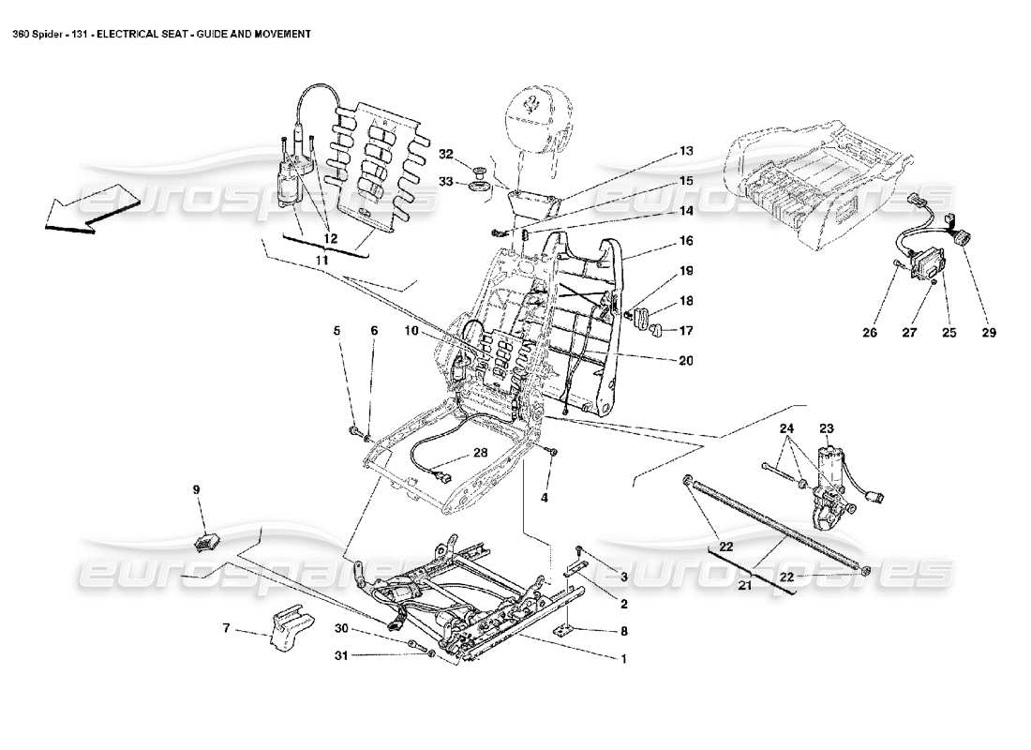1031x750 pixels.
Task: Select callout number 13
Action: coord(686,150)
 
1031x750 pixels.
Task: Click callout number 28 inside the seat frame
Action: coord(479,454)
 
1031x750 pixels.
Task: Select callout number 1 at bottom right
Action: coord(623,658)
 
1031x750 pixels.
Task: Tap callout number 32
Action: coord(446,153)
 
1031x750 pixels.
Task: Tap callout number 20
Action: coord(686,360)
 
